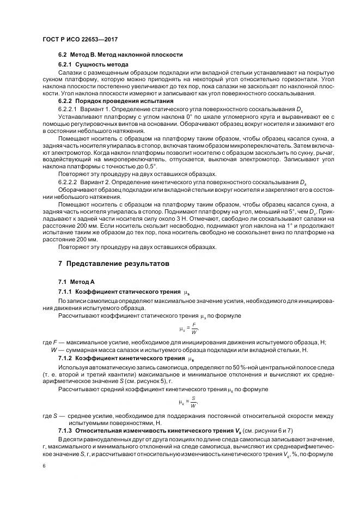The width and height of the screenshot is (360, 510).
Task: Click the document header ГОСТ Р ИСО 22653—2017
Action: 81,40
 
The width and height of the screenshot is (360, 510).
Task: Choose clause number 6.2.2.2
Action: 69,180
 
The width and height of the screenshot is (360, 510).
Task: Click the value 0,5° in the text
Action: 148,165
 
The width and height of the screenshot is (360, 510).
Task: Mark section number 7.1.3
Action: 65,431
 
